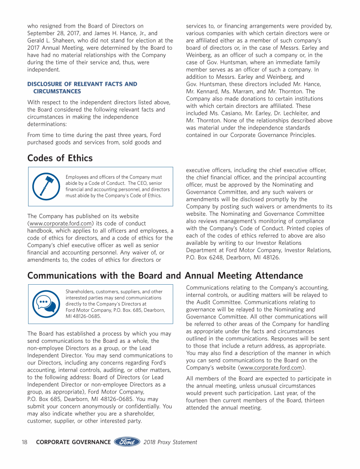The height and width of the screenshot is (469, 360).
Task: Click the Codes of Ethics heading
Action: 60,158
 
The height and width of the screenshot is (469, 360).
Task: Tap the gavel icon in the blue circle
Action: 45,186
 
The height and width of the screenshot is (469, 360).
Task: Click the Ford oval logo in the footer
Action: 127,442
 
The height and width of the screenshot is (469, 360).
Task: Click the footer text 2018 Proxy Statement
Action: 171,442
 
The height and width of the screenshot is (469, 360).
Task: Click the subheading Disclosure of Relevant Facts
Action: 82,84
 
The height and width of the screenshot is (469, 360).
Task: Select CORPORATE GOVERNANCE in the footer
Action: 73,442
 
